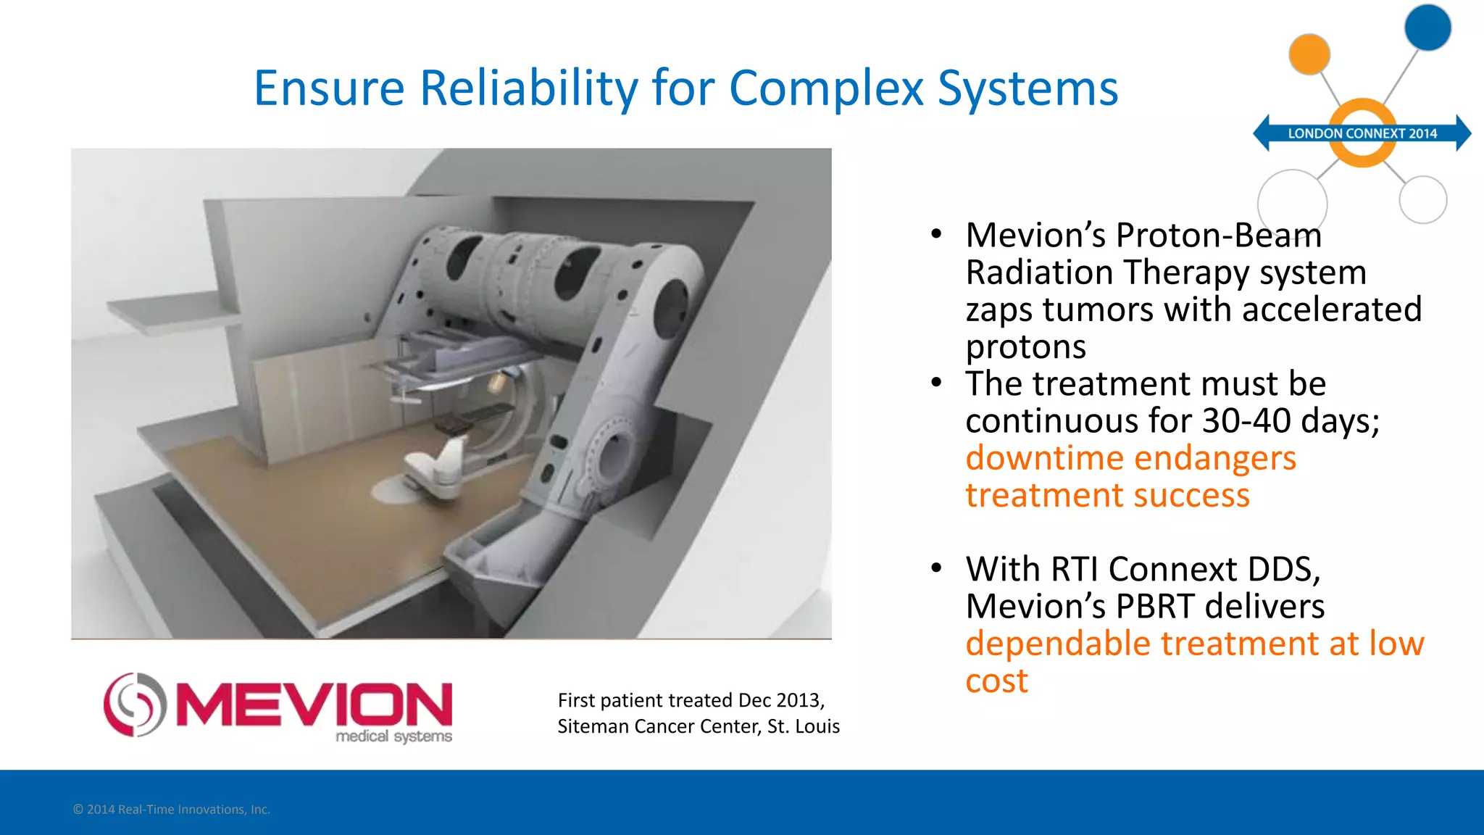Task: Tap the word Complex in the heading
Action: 826,88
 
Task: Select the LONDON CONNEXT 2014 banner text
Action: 1362,133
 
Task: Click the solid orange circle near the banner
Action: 1309,54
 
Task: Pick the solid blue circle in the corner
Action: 1427,28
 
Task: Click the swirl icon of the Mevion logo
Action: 135,705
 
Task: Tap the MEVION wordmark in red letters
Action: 314,704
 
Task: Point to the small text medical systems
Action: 393,736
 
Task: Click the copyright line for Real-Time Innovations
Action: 172,810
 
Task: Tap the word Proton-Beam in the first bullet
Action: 1219,236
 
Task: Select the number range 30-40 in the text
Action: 1246,421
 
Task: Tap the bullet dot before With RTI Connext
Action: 937,568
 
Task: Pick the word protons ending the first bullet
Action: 1025,347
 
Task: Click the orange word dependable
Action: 1058,644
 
